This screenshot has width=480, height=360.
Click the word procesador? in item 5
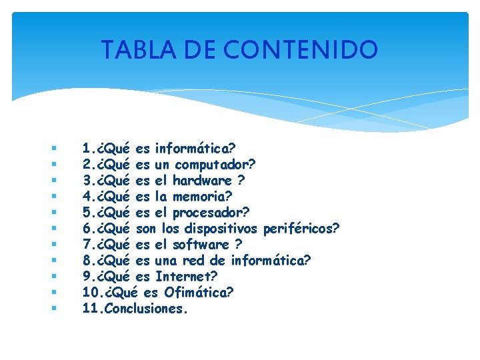[x=211, y=212]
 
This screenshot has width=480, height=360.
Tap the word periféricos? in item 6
[x=302, y=229]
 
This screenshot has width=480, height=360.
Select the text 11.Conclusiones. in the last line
[x=135, y=309]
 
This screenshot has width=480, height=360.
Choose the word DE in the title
[x=201, y=49]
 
